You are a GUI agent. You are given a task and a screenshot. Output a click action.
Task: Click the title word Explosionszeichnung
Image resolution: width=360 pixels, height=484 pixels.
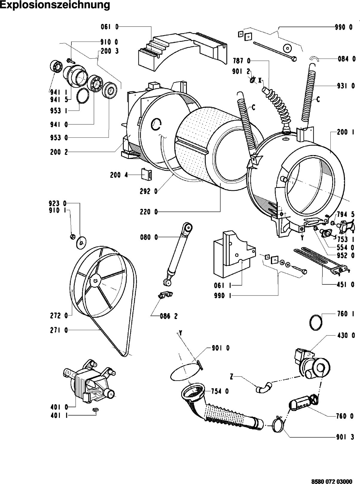[55, 5]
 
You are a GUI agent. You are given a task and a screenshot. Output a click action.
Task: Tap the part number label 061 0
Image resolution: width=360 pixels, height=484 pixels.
[109, 27]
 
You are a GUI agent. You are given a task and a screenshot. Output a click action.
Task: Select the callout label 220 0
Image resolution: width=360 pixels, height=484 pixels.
[149, 212]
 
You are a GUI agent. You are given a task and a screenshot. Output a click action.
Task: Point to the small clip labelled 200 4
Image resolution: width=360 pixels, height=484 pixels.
[147, 174]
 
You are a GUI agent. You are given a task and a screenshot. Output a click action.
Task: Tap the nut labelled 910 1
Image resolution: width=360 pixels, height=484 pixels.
[73, 236]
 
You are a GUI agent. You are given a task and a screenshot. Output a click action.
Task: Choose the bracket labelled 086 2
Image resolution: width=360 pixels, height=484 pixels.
[165, 295]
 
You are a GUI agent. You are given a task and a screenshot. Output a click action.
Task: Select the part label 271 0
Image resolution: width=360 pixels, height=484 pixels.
[59, 330]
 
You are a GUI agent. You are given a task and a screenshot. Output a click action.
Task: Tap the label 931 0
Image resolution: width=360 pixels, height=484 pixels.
[346, 86]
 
